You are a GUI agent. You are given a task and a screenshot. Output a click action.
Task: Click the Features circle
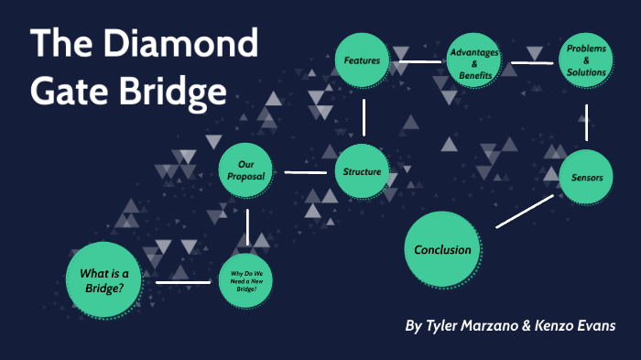(x=362, y=61)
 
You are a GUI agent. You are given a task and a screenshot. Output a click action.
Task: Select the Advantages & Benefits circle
(x=475, y=61)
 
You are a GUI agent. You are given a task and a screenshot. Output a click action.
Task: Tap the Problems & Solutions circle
(x=586, y=60)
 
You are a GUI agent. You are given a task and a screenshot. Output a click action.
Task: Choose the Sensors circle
(x=586, y=177)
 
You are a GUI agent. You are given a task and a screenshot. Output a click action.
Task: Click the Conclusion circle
(x=442, y=249)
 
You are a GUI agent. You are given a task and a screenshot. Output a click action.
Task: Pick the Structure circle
(x=362, y=171)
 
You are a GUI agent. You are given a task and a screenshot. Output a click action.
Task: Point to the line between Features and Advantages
(x=418, y=62)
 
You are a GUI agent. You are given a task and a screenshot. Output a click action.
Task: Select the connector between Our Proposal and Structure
(x=305, y=171)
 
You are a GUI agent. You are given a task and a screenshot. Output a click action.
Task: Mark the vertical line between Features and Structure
(x=364, y=117)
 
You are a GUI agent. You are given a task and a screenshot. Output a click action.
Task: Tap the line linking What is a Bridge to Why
(x=183, y=281)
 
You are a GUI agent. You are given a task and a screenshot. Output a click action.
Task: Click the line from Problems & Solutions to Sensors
(x=586, y=121)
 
